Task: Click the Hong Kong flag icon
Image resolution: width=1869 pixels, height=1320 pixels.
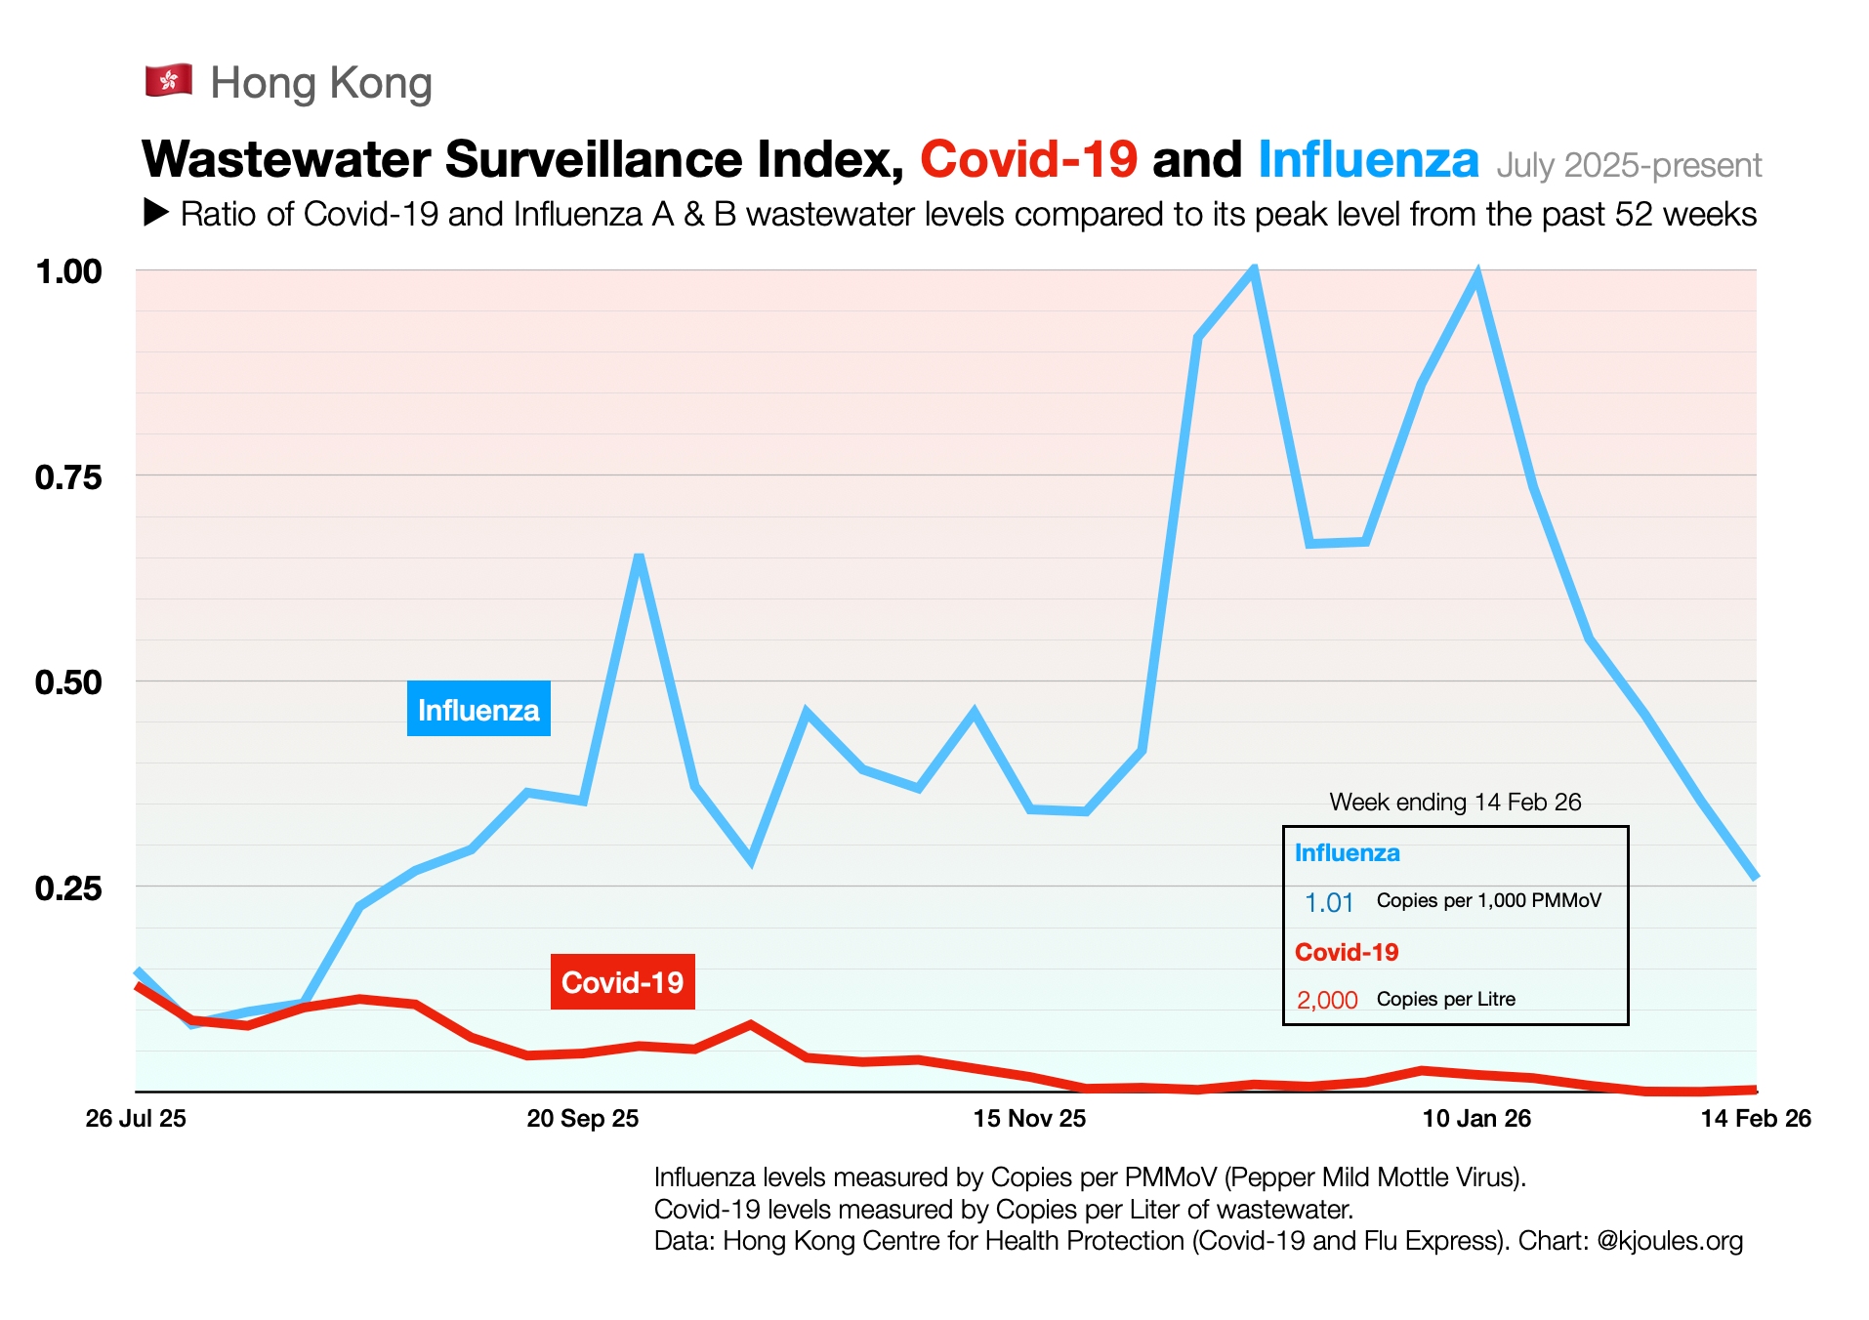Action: coord(169,81)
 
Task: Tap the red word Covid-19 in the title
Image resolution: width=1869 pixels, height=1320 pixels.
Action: coord(1028,159)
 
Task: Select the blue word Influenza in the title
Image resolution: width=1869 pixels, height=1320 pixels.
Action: coord(1368,159)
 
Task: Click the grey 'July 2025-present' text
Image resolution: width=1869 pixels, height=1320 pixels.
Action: coord(1629,165)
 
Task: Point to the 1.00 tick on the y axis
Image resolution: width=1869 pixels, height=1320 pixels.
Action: coord(68,271)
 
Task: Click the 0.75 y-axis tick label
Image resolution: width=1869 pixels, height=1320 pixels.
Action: coord(68,477)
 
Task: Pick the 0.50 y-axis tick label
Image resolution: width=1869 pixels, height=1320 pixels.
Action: coord(68,682)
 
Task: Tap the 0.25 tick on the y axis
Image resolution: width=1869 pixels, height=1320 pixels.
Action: coord(68,888)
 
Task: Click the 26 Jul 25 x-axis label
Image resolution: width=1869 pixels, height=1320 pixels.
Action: coord(136,1119)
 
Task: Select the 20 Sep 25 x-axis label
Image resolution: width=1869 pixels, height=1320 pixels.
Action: coord(583,1119)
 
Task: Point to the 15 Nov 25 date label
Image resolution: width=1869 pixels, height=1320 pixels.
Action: coord(1029,1119)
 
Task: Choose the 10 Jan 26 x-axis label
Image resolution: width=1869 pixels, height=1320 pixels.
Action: coord(1476,1119)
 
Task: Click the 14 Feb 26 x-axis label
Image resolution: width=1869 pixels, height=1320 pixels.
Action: coord(1756,1119)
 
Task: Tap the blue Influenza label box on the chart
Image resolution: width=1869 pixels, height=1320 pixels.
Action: coord(478,710)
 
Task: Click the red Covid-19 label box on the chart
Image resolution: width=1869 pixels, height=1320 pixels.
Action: coord(623,982)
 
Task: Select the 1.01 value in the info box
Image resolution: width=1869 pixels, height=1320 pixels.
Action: coord(1329,903)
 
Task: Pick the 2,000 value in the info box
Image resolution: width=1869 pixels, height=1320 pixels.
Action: coord(1327,1001)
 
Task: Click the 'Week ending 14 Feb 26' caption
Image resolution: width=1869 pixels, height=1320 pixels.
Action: coord(1455,803)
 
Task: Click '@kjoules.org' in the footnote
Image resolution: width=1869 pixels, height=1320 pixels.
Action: coord(1670,1241)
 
